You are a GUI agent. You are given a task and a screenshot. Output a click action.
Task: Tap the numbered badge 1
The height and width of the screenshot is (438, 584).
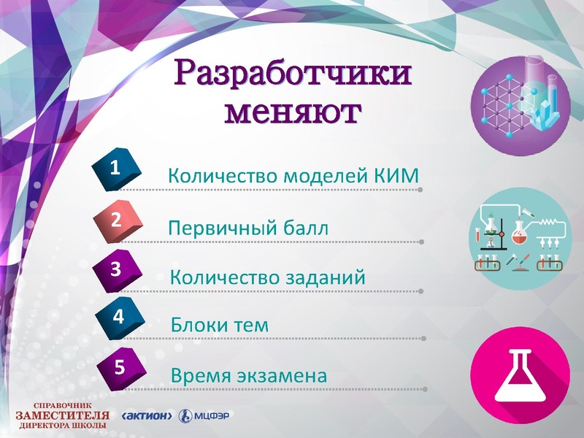coord(115,167)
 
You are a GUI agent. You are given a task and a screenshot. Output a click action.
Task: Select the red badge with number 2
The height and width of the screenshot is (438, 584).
coord(117,218)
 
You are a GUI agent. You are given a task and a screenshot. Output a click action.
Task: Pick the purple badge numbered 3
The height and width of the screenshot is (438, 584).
coord(116,268)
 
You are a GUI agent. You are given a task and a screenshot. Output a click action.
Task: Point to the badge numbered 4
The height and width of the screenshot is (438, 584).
coord(118,318)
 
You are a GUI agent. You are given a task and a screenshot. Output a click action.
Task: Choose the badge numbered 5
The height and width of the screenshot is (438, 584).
coord(118,366)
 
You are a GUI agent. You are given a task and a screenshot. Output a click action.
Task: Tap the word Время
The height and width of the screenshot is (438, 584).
coord(199,376)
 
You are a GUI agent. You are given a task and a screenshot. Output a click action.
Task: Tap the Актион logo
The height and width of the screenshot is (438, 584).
coord(148,416)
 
